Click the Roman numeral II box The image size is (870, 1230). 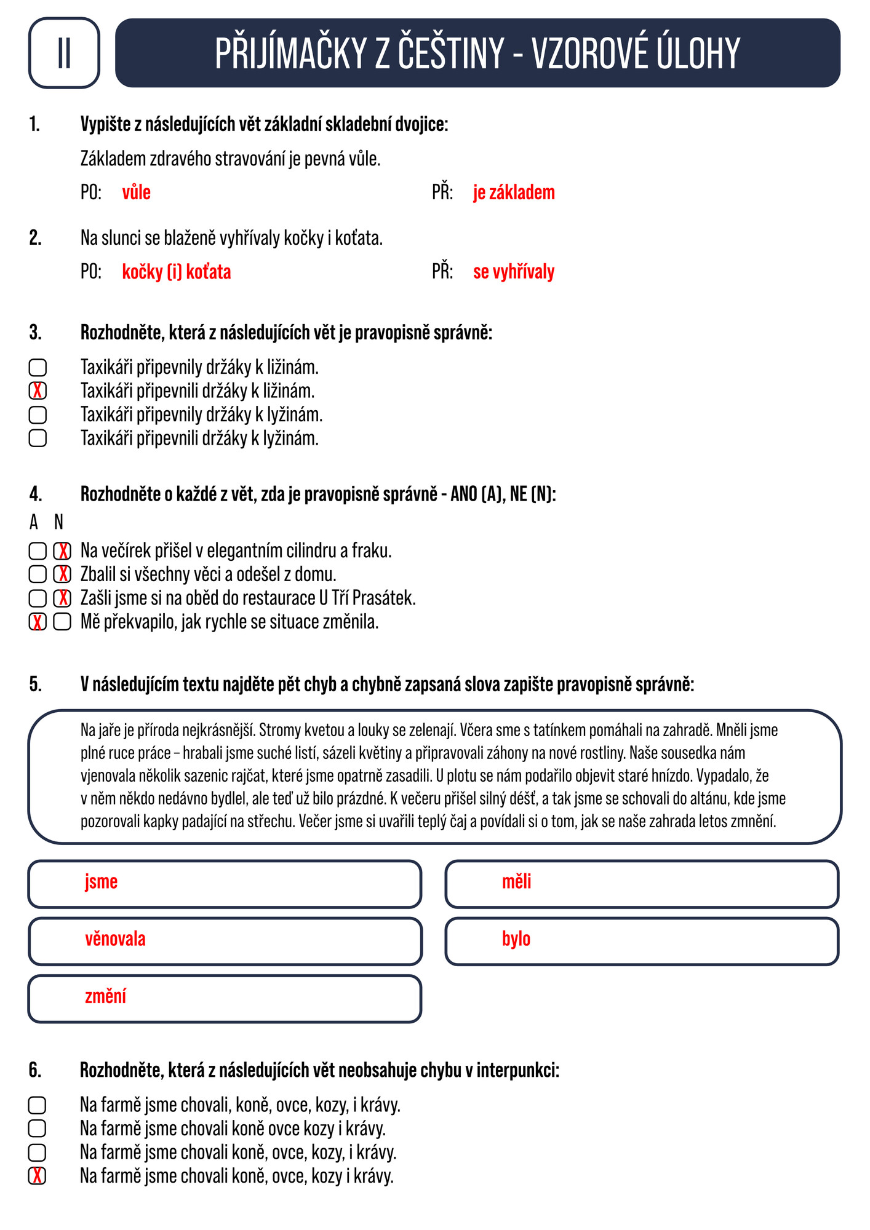64,53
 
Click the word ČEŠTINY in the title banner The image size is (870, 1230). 451,54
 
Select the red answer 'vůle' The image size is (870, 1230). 136,192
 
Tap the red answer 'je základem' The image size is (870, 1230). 514,192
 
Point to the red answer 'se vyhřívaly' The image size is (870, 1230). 514,272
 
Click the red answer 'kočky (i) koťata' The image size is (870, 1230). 177,272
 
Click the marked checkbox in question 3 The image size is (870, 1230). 38,391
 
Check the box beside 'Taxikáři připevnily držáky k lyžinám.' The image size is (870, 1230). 38,415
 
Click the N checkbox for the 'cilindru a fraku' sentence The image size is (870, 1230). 62,551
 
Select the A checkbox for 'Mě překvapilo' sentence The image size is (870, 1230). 38,622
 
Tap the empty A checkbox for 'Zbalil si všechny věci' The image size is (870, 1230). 38,574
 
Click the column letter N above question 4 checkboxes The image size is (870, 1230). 58,522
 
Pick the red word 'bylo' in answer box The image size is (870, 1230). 516,939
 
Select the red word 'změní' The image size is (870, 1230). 105,996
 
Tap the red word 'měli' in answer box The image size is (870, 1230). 516,882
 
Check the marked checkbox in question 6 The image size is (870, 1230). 37,1176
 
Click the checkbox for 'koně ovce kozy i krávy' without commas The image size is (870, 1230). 37,1129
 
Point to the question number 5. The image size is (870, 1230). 35,684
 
